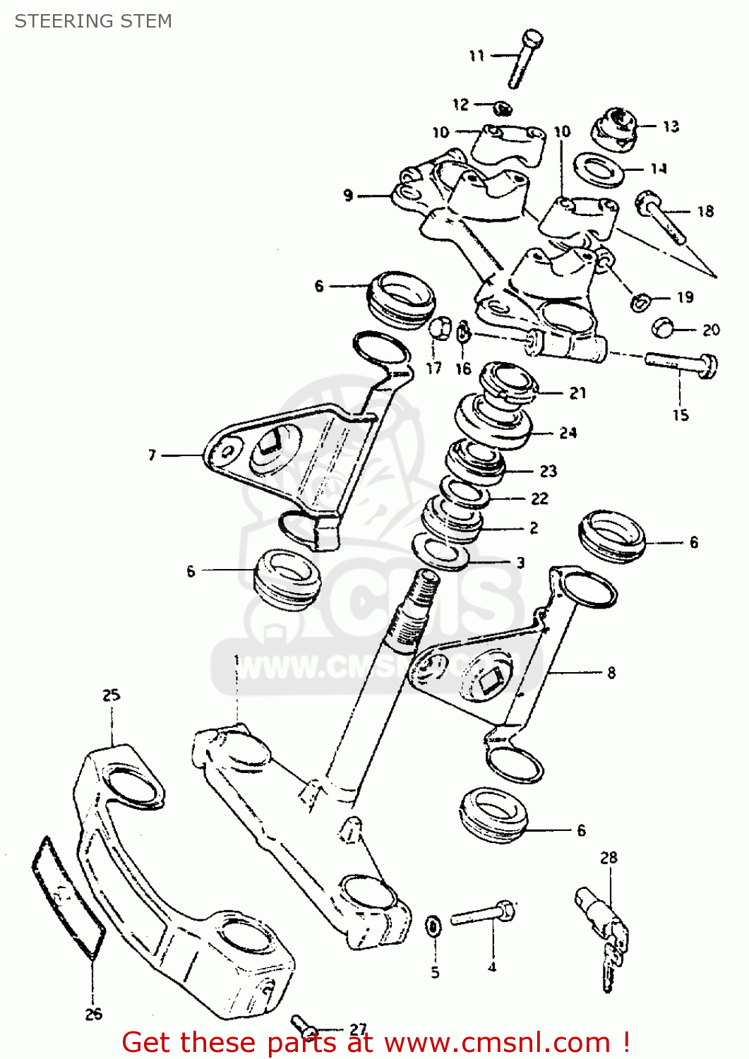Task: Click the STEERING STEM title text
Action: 93,21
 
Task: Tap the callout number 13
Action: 671,126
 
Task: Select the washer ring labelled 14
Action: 598,170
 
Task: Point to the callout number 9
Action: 348,195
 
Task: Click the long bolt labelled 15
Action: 681,364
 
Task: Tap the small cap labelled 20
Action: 663,328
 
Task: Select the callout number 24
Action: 568,433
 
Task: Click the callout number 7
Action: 152,455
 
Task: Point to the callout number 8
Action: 611,673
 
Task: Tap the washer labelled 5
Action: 433,924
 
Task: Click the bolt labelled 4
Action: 484,914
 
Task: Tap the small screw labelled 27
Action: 303,1023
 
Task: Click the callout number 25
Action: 112,695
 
